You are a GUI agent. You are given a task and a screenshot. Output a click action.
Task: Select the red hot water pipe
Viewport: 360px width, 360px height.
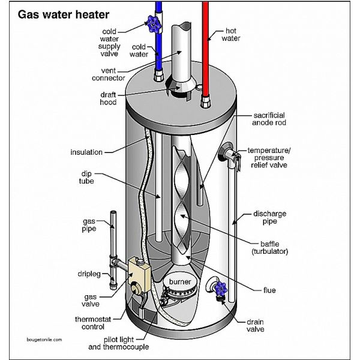click(x=205, y=42)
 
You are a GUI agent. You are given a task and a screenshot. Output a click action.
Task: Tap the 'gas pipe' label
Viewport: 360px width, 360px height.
click(x=90, y=225)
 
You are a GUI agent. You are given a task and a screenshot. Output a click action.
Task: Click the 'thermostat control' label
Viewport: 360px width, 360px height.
click(x=93, y=323)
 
